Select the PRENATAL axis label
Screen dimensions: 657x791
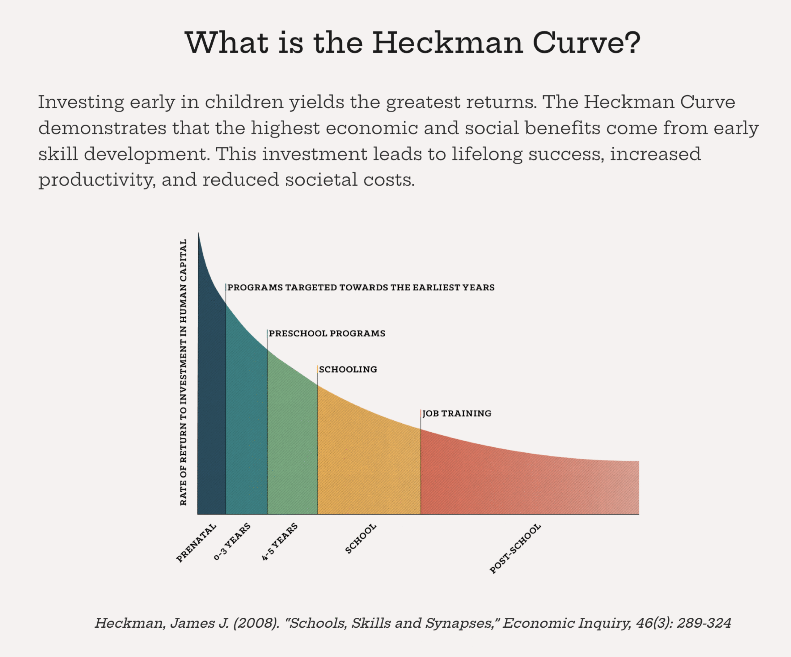pos(196,543)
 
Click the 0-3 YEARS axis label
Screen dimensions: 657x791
pos(232,541)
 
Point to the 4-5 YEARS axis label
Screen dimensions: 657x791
pos(280,542)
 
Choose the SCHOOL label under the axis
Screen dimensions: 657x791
pos(361,539)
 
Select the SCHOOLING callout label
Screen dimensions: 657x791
pos(348,369)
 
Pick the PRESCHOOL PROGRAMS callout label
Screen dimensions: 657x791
pos(327,333)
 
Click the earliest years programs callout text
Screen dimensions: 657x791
pos(361,287)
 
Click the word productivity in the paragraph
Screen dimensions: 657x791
pos(96,180)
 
